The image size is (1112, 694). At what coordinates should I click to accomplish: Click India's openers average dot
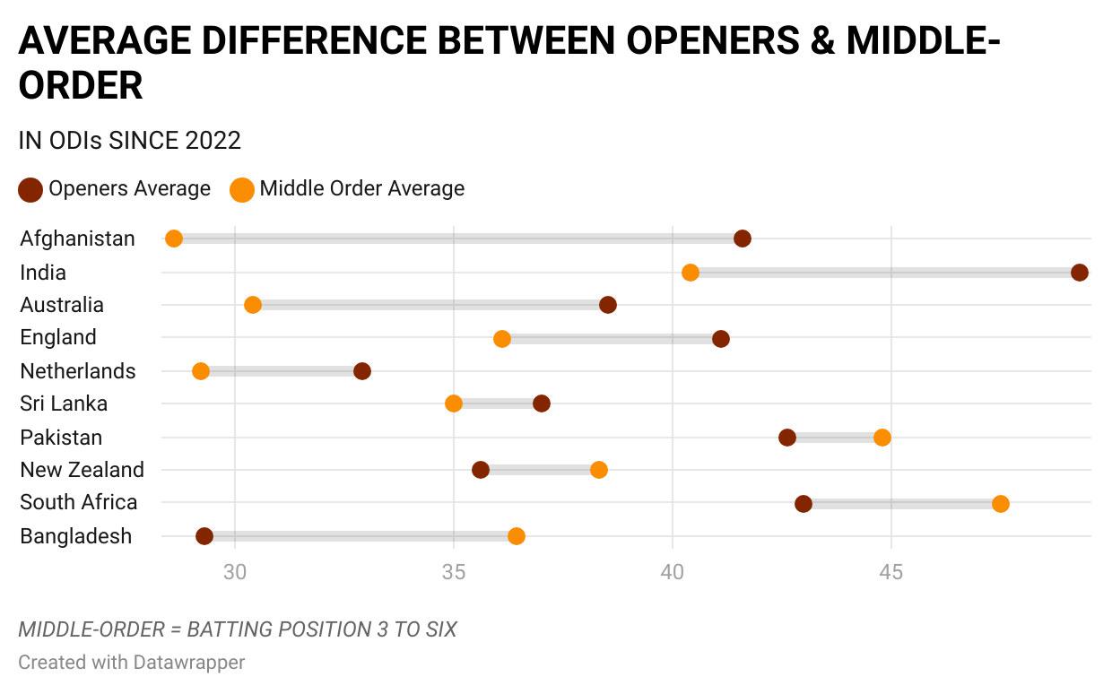tap(1080, 273)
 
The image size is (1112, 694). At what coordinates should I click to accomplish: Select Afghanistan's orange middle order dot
tap(174, 239)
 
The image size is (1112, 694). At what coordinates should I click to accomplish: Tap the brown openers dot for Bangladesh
tap(204, 536)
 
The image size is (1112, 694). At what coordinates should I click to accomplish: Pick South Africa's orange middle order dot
tap(1001, 504)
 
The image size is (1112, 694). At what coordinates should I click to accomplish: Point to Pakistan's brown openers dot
tap(787, 438)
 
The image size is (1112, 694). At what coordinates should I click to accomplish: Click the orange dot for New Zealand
tap(599, 470)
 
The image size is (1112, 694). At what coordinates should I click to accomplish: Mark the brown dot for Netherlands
tap(362, 371)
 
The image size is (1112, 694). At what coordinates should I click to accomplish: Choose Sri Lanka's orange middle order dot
tap(454, 403)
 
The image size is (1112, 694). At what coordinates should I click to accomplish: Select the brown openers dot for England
tap(721, 339)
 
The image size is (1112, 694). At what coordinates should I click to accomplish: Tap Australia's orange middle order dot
tap(253, 305)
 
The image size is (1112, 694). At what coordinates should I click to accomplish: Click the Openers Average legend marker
tap(30, 190)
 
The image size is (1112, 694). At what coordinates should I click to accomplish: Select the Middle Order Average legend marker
tap(242, 190)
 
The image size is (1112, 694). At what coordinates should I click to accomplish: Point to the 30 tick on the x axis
tap(235, 572)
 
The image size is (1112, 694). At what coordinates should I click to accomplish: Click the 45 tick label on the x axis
tap(891, 572)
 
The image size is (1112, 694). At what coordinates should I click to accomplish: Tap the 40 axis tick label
tap(673, 572)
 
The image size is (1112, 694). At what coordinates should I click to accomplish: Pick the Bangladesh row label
tap(76, 536)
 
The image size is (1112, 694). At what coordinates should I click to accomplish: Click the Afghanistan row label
tap(78, 239)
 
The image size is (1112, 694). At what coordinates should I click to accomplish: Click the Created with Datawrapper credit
tap(131, 663)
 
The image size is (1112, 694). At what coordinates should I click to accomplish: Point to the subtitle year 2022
tap(213, 141)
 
